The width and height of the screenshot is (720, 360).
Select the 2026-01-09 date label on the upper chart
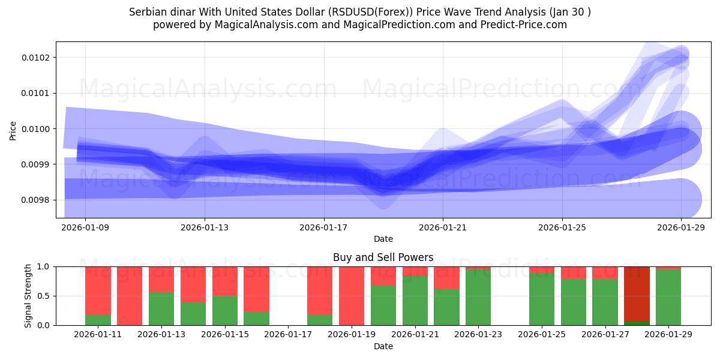click(85, 227)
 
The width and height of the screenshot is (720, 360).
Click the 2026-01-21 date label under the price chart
click(443, 227)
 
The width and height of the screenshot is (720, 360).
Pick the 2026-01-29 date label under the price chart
click(681, 227)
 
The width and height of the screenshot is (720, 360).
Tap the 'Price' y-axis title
click(13, 130)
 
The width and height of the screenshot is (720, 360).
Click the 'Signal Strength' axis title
click(28, 296)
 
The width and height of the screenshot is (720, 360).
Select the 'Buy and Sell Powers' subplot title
click(383, 257)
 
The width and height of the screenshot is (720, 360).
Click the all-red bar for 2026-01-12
click(130, 296)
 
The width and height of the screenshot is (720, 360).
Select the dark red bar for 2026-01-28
click(637, 293)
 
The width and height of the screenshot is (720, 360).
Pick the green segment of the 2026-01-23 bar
click(478, 298)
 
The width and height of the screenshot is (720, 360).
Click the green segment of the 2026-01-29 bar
click(668, 298)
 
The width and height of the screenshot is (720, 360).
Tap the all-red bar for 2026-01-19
click(352, 296)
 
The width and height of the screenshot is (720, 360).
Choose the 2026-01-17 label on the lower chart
click(289, 334)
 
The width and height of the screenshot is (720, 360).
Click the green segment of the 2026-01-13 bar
click(161, 309)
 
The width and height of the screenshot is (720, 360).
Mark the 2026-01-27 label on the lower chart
click(605, 334)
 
